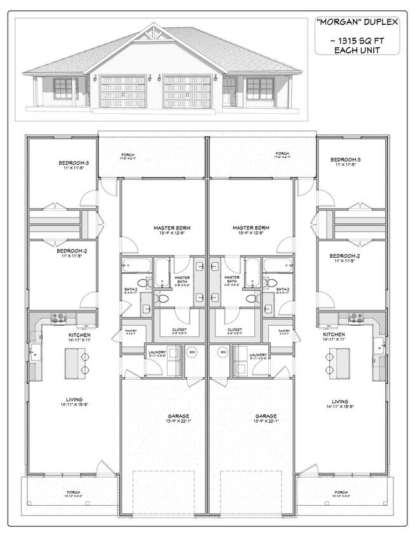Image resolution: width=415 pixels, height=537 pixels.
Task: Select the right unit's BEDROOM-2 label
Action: point(345,256)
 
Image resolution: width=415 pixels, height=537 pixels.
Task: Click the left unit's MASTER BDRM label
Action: point(163,227)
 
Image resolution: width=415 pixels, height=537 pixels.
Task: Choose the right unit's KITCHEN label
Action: point(334,334)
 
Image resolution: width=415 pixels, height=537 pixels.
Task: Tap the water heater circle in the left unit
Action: point(191,351)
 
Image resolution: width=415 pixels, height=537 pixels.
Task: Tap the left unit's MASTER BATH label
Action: point(182,279)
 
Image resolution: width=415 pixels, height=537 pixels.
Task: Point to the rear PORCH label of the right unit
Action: point(282,154)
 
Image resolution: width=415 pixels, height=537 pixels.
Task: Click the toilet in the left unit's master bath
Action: point(163,297)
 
